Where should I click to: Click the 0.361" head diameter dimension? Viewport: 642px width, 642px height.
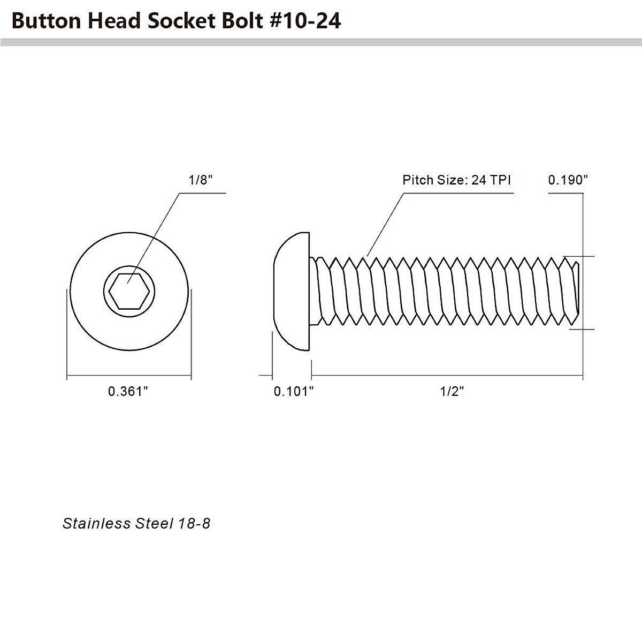point(128,392)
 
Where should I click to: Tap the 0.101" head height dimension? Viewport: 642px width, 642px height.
point(293,392)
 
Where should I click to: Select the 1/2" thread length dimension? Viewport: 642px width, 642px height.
point(452,392)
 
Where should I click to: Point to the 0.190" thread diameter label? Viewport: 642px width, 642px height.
point(568,180)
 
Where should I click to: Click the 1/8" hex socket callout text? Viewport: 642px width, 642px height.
point(201,180)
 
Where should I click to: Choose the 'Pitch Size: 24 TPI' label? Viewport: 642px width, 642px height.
point(456,180)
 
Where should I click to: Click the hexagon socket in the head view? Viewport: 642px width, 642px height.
point(129,291)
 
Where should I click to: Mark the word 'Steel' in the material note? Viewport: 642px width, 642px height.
point(154,523)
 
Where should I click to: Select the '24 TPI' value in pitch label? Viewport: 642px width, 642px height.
point(491,180)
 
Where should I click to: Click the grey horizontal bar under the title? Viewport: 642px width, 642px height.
point(321,42)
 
